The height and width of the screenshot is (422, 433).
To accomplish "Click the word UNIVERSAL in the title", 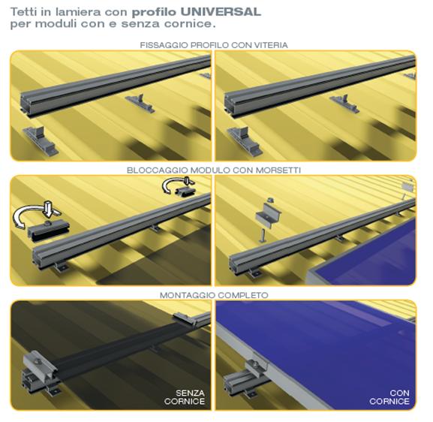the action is tap(221, 12).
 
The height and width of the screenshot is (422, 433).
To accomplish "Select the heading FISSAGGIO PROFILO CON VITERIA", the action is tap(214, 45).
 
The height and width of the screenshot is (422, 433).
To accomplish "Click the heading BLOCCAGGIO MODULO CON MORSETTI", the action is tap(214, 170).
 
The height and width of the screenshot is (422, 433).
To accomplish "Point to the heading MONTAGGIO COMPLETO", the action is tap(214, 295).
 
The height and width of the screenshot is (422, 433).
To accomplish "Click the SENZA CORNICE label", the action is tap(184, 397).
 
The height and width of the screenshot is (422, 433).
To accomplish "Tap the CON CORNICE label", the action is tap(389, 397).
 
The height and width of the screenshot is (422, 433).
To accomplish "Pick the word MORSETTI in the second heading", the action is tap(278, 170).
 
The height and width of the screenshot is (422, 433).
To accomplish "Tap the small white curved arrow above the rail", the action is tap(177, 184).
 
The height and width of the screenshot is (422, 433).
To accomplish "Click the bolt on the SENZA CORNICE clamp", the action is tap(38, 361).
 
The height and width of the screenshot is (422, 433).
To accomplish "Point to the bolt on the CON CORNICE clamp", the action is tap(256, 366).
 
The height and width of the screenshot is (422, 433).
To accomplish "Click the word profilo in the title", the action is tap(154, 12).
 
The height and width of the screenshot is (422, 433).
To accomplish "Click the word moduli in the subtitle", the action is tap(56, 23).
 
